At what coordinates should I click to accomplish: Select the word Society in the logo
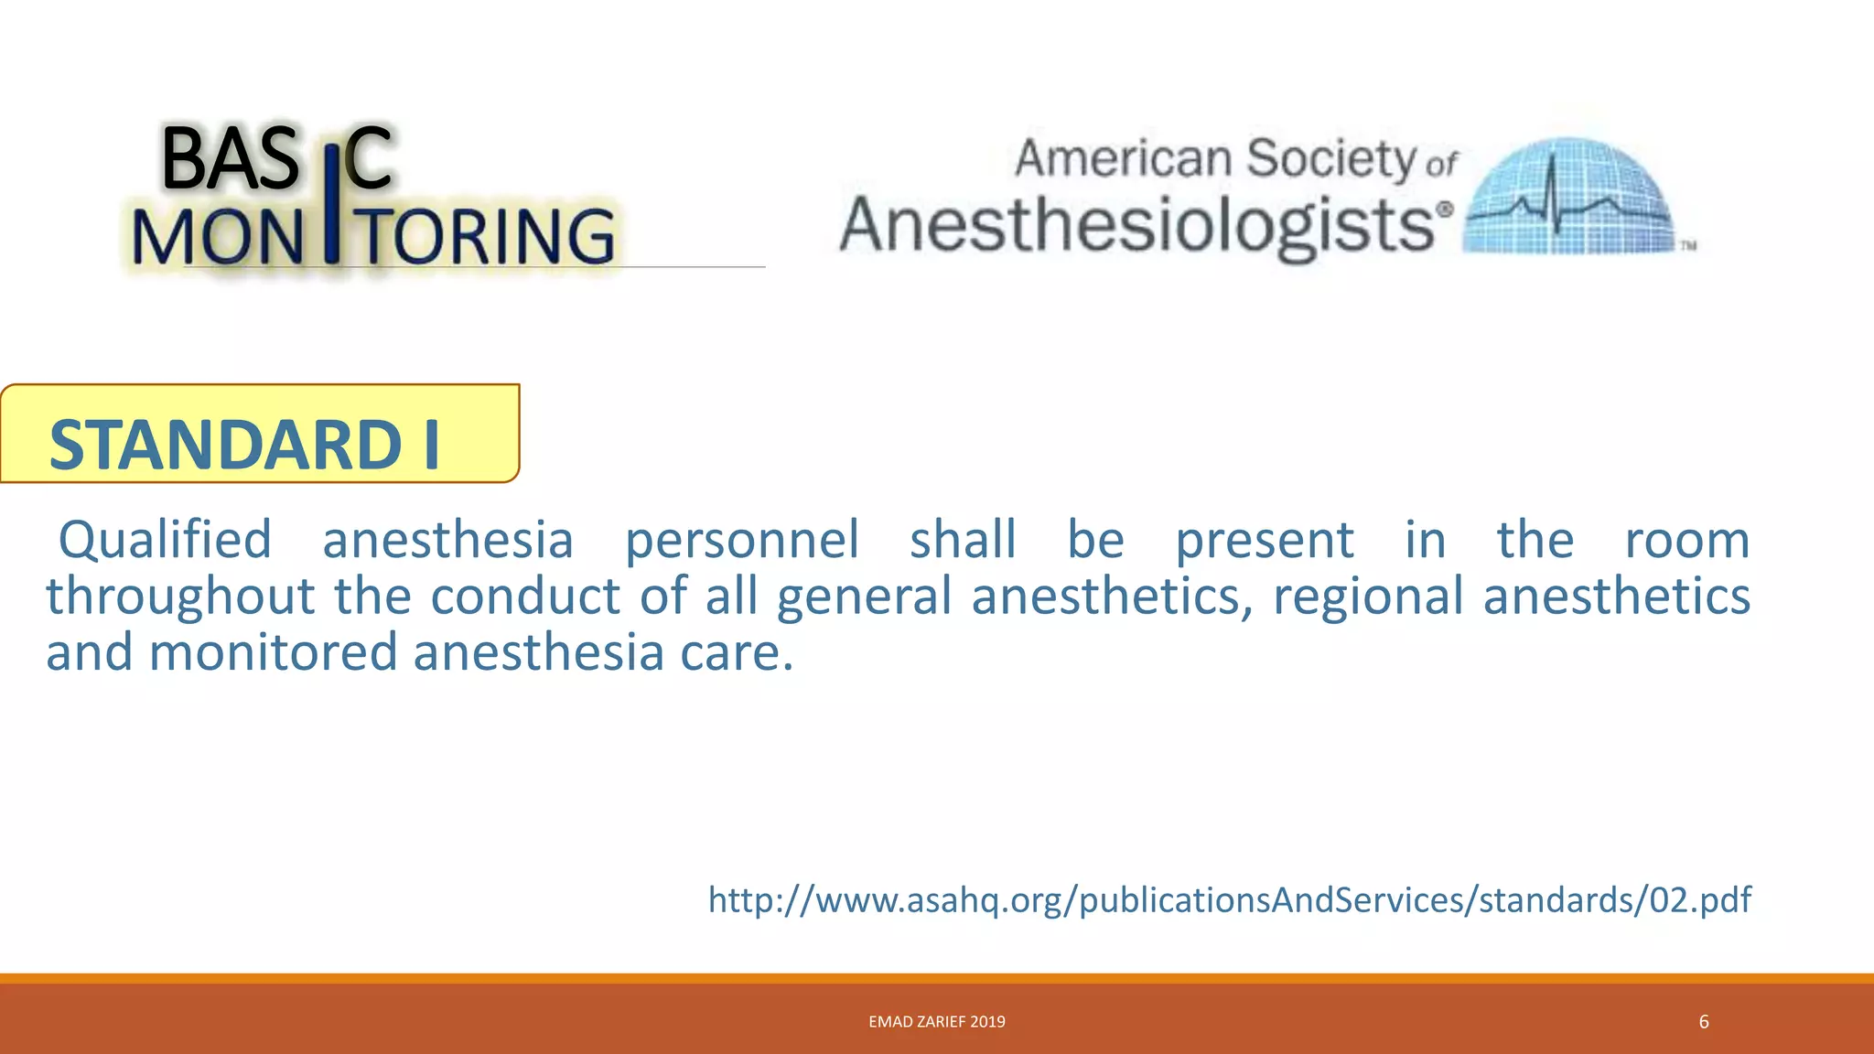pos(1331,160)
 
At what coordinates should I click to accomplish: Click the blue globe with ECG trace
pos(1569,197)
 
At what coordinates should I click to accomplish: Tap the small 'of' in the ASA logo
pos(1441,166)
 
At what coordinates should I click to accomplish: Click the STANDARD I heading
pos(244,444)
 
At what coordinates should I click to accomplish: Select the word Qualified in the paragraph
pos(166,539)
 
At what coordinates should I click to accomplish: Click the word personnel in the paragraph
pos(741,539)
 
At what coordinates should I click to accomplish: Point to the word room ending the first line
pos(1686,539)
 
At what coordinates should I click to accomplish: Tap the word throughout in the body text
pos(180,597)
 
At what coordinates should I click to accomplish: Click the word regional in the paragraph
pos(1368,597)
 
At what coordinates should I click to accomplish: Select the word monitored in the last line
pos(273,653)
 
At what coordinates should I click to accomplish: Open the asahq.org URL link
pos(1229,899)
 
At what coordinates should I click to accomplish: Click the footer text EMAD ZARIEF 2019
pos(936,1022)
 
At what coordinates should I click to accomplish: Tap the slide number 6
pos(1703,1022)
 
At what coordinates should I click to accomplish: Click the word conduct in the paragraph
pos(525,597)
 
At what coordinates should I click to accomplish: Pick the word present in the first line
pos(1264,539)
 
